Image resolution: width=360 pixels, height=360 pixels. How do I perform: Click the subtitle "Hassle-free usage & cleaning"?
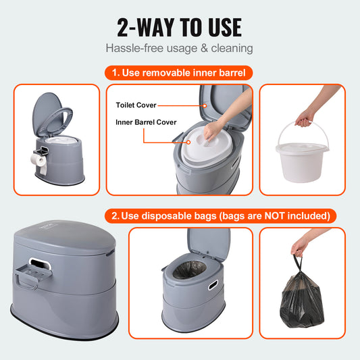pyautogui.click(x=180, y=49)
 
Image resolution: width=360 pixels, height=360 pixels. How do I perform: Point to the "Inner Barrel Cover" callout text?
pyautogui.click(x=146, y=123)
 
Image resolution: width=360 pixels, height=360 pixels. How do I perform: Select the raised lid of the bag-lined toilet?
pyautogui.click(x=207, y=245)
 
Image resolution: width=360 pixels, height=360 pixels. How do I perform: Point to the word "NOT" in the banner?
pyautogui.click(x=285, y=216)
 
